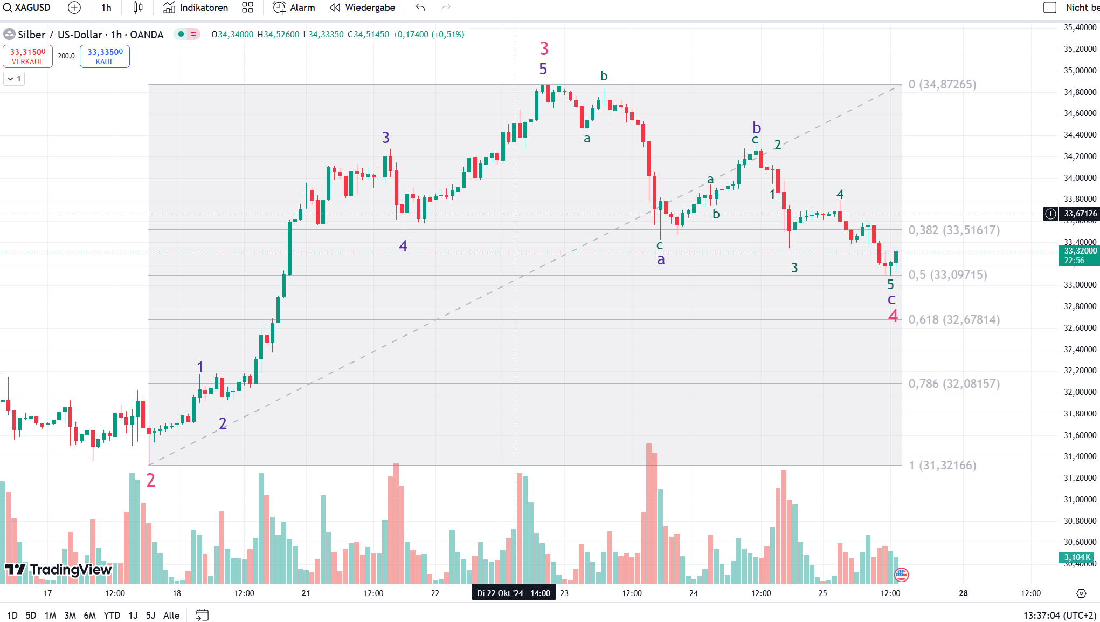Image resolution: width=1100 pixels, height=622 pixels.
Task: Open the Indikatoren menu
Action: point(196,8)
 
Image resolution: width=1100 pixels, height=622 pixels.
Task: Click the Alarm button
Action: point(294,8)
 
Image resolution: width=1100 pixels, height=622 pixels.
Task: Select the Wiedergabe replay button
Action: point(362,8)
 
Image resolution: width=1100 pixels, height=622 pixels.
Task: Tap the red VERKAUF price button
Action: point(27,56)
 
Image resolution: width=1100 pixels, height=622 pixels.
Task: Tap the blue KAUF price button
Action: point(105,56)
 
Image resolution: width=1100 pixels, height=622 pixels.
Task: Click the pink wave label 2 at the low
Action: point(151,480)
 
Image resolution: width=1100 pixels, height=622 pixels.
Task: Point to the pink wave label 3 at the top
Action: point(544,49)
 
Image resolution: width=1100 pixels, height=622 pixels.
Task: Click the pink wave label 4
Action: point(893,316)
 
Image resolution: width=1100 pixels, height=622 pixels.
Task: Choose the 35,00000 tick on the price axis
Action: point(1080,71)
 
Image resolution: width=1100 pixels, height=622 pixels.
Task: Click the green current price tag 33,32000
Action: point(1079,255)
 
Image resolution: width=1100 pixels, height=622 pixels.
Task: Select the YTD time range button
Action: point(112,615)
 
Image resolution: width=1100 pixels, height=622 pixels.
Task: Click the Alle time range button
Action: point(171,615)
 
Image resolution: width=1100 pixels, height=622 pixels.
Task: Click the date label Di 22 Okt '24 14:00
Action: point(513,593)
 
